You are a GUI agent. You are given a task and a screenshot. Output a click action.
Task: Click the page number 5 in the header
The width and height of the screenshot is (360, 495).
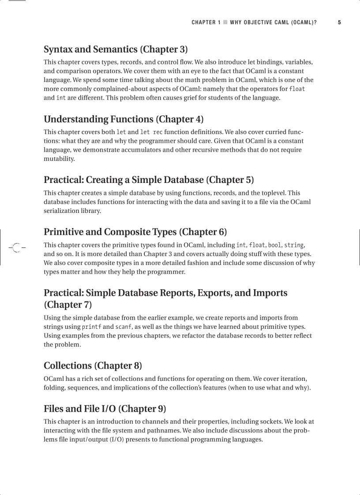coord(339,22)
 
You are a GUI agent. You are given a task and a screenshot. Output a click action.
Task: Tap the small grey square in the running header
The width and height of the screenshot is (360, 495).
coord(225,22)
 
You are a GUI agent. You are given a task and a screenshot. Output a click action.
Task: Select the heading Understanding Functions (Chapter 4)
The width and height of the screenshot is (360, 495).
coord(124,119)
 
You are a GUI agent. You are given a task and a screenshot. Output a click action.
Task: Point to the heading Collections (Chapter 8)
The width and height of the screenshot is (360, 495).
coord(93,365)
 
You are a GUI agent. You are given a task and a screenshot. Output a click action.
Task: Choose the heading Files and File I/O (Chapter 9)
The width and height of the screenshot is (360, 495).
coord(105,409)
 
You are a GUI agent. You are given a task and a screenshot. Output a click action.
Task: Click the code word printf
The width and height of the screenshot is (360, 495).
coord(92,327)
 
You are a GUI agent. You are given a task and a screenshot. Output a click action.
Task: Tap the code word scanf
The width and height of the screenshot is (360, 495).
coord(124,327)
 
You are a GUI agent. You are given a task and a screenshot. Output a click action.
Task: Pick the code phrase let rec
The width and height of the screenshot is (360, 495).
coord(151,132)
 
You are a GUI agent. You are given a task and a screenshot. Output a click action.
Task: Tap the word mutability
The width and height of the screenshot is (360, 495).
coord(59,159)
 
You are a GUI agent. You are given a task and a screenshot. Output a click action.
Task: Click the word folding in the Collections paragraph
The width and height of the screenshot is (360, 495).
coord(55,388)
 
